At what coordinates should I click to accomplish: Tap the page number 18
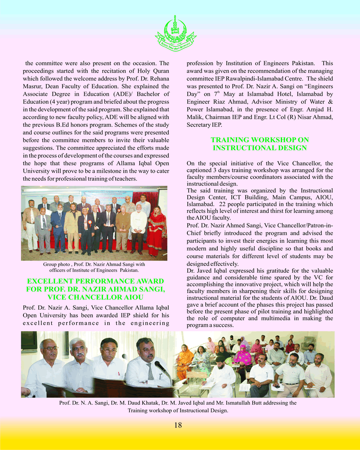click(x=178, y=425)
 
